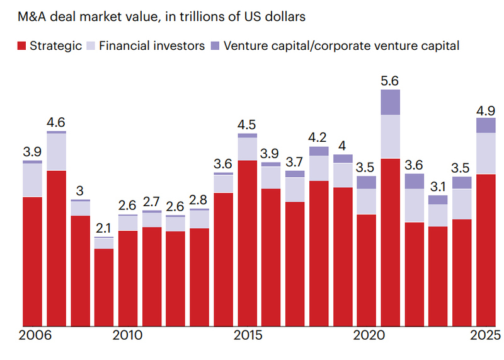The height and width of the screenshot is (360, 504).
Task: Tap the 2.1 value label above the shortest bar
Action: pyautogui.click(x=104, y=228)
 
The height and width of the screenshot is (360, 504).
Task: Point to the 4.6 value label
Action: pyautogui.click(x=56, y=122)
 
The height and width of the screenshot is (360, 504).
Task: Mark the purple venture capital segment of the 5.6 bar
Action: pyautogui.click(x=391, y=102)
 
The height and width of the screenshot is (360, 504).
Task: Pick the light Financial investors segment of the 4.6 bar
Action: pyautogui.click(x=56, y=151)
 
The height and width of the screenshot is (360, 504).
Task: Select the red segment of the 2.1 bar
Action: pyautogui.click(x=104, y=287)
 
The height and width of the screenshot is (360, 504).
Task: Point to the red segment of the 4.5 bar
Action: pyautogui.click(x=248, y=243)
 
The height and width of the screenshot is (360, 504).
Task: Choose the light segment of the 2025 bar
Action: pyautogui.click(x=486, y=153)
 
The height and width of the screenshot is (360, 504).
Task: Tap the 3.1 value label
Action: pyautogui.click(x=438, y=187)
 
